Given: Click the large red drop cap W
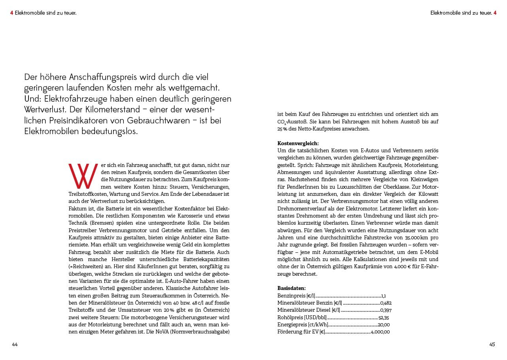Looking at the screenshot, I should click(83, 176).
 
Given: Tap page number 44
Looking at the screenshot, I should click(15, 345).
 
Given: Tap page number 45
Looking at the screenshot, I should click(492, 345).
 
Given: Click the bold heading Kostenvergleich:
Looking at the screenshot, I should click(298, 143).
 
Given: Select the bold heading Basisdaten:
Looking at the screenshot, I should click(291, 288).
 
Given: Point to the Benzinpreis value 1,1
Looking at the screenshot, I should click(383, 296).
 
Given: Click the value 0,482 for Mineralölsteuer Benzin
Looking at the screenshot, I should click(386, 303).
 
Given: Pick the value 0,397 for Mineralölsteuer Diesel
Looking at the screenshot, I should click(386, 310).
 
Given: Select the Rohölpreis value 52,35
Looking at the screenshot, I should click(384, 318).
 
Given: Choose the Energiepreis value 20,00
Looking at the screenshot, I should click(384, 325).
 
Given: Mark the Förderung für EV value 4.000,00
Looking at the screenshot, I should click(380, 332).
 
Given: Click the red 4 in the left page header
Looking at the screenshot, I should click(12, 13).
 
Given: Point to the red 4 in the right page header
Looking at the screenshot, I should click(495, 13).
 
